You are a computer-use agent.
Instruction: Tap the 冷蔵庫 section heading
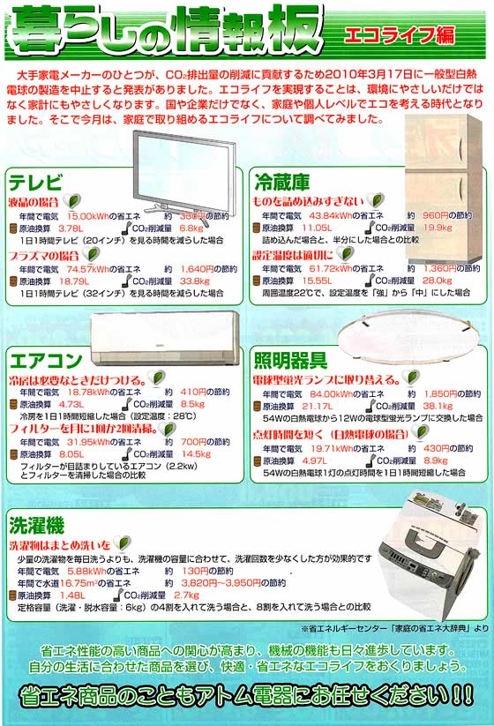click(281, 183)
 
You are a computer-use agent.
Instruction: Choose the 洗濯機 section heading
click(35, 527)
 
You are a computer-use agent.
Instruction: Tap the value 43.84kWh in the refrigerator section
click(333, 215)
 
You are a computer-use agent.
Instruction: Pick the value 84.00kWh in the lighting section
click(333, 393)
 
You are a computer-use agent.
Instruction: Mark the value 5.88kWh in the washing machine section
click(88, 571)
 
